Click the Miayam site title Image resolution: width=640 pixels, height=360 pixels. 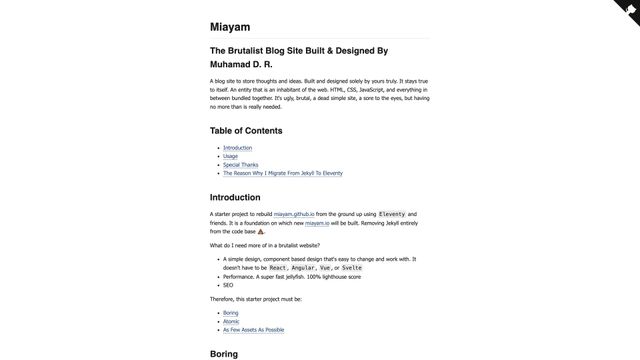(x=230, y=27)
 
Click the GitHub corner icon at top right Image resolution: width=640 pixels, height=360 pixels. (x=627, y=11)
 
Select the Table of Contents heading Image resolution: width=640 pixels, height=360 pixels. (x=246, y=131)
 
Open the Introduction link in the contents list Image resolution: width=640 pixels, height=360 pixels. (x=238, y=148)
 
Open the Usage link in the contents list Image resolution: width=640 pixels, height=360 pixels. (x=230, y=156)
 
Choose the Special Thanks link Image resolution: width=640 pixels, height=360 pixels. (x=242, y=164)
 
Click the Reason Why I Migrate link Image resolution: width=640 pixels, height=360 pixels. (x=283, y=172)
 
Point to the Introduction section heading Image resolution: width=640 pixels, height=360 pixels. (x=235, y=197)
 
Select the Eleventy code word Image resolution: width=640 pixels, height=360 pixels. (x=392, y=214)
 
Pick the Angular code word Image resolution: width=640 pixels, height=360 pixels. (x=303, y=268)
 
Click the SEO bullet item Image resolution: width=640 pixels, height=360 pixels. (x=228, y=285)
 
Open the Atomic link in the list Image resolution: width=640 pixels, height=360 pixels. (x=231, y=321)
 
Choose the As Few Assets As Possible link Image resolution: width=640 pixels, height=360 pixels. (x=254, y=329)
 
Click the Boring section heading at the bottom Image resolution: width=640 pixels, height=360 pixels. (x=224, y=354)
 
